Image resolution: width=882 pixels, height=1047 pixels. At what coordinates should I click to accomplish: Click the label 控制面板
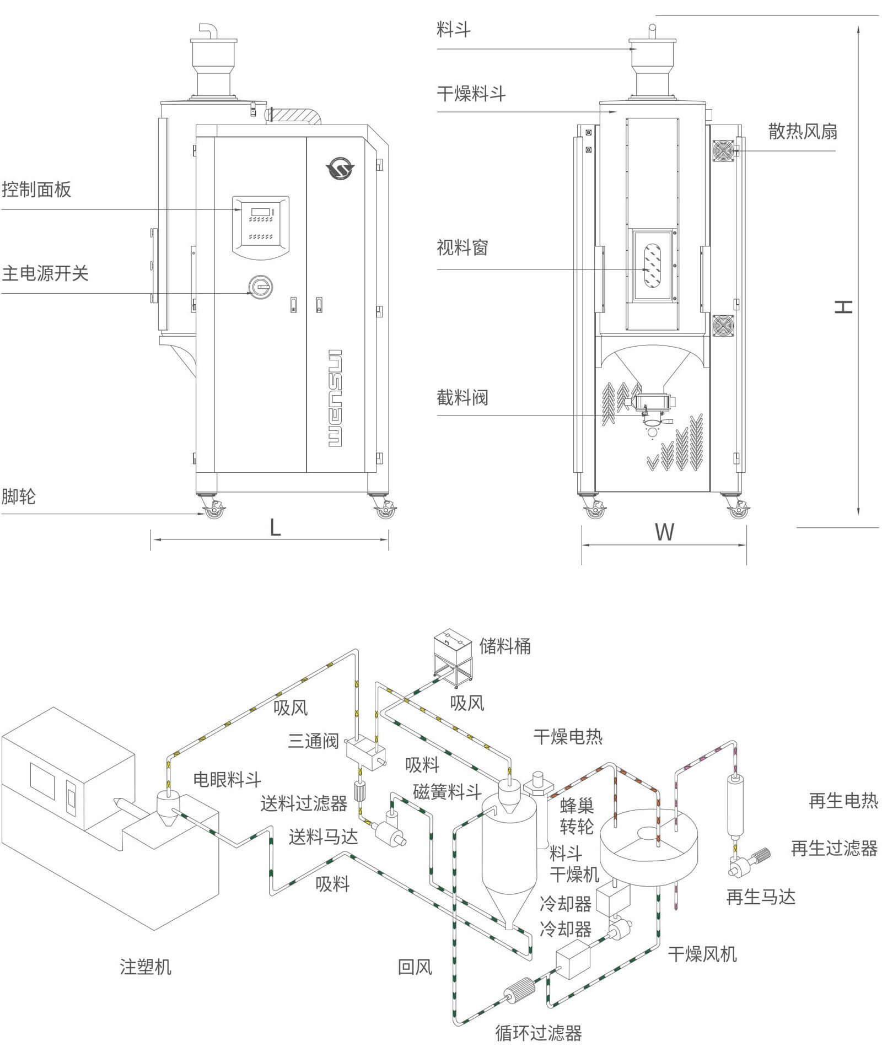coord(36,190)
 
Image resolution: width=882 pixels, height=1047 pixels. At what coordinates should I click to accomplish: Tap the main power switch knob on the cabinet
coord(260,286)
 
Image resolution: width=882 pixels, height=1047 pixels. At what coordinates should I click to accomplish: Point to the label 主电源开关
coord(45,273)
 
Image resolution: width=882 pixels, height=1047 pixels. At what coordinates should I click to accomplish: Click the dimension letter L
coord(275,528)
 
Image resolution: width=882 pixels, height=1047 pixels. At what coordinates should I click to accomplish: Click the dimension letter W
coord(664,532)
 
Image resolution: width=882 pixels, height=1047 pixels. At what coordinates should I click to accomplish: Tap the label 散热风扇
coord(803,131)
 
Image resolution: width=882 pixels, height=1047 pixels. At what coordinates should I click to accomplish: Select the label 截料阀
coord(462,397)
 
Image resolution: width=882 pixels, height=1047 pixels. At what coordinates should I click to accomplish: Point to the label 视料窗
coord(462,248)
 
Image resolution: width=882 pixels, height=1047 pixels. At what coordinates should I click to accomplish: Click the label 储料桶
coord(505,646)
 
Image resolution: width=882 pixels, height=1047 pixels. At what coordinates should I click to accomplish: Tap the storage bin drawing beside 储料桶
coord(453,658)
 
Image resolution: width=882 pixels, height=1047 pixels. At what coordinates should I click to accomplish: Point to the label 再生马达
coord(761,898)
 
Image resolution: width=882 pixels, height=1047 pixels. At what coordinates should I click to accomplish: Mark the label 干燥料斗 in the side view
coord(471,94)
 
